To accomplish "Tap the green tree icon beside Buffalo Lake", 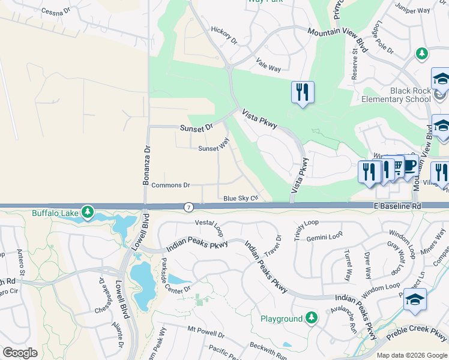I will (88, 212).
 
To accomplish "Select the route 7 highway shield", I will (188, 207).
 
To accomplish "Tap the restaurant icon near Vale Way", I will (302, 92).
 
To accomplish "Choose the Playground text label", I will (281, 319).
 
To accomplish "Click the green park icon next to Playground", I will (311, 317).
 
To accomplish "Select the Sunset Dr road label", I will (196, 128).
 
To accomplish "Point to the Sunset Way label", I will (214, 145).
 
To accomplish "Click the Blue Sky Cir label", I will (240, 198).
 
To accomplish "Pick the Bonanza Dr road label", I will (145, 165).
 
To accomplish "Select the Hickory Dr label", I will (224, 35).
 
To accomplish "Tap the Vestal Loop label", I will (209, 226).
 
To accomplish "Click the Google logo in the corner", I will (20, 353).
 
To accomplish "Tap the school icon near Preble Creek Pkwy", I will (415, 299).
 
